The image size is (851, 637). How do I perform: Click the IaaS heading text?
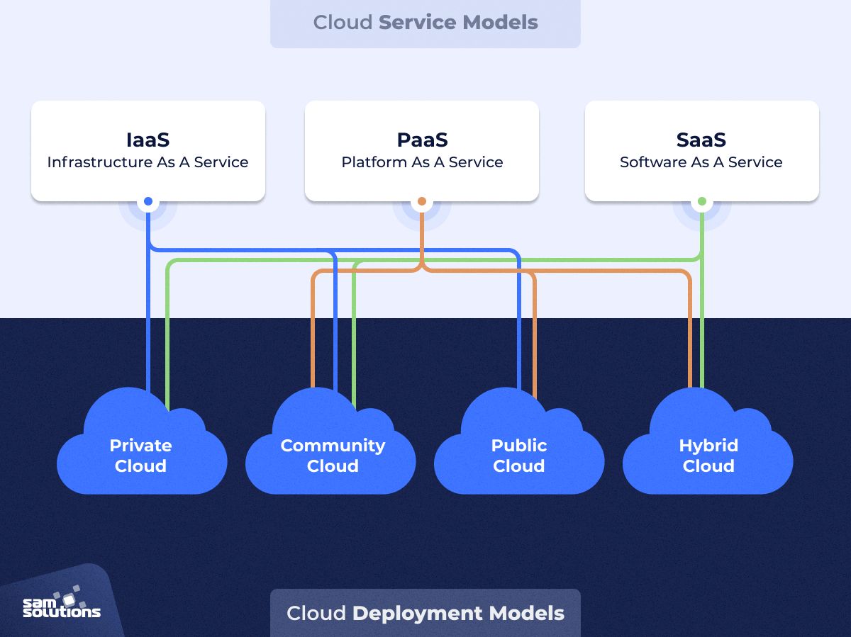click(x=148, y=140)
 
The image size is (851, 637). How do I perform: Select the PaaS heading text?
click(x=422, y=140)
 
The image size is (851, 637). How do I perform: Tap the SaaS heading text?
click(x=701, y=140)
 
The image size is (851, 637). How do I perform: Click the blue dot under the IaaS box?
click(x=148, y=202)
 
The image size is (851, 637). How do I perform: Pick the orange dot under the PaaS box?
click(x=422, y=202)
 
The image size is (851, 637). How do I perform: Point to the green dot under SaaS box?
click(x=702, y=202)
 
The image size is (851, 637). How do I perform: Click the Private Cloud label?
click(x=140, y=456)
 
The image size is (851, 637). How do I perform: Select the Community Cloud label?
click(x=333, y=456)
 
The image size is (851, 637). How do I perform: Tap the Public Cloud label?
click(x=519, y=456)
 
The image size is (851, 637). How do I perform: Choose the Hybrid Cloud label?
click(x=708, y=456)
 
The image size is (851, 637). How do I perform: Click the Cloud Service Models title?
click(x=425, y=22)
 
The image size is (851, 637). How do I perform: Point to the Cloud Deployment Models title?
click(x=425, y=613)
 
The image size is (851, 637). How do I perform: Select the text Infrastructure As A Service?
click(x=148, y=162)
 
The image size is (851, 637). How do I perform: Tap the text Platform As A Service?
click(x=422, y=162)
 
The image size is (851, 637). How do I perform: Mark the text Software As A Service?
click(x=701, y=162)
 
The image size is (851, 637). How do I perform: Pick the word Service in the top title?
click(x=418, y=22)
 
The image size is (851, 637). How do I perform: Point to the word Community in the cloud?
click(x=333, y=446)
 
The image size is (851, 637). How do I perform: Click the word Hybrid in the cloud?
click(x=708, y=446)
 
